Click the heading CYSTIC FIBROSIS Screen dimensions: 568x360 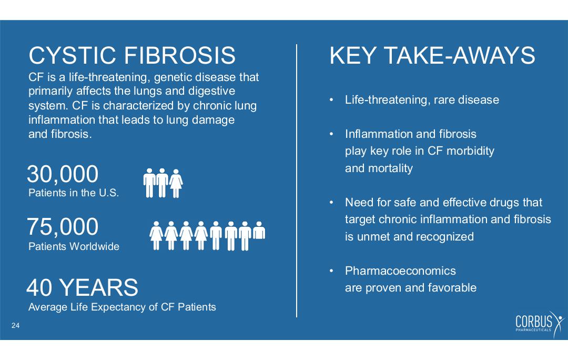132,55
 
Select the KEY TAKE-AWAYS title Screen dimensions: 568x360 432,55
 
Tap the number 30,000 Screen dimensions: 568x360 63,174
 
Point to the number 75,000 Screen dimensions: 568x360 63,227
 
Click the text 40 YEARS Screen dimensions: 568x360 82,287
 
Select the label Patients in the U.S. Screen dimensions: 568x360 74,193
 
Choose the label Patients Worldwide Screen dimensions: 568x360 74,246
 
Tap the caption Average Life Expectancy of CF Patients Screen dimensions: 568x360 122,307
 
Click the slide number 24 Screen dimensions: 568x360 16,326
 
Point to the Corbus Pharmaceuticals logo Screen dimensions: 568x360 540,323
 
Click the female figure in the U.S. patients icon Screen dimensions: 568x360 176,184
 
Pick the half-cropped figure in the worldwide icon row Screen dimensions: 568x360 259,231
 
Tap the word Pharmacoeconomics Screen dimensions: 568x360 400,271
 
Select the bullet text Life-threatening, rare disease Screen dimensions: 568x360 422,99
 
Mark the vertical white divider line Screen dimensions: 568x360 297,181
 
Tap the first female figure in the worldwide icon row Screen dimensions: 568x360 157,236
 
